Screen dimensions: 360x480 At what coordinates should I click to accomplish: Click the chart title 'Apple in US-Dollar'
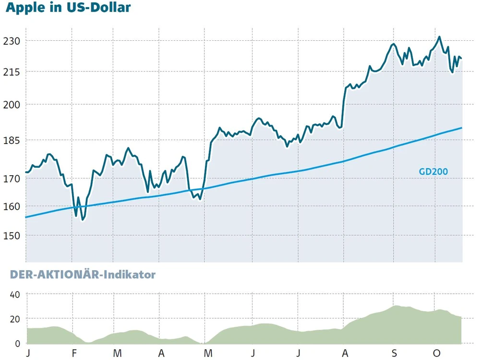click(x=68, y=8)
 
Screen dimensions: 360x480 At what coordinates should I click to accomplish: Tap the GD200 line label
click(x=433, y=171)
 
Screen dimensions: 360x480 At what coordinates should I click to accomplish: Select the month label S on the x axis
click(x=394, y=354)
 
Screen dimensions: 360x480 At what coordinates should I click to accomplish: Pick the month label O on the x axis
click(x=436, y=354)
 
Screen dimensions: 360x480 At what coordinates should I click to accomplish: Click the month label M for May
click(x=208, y=354)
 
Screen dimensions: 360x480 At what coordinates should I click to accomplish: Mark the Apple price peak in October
click(x=439, y=37)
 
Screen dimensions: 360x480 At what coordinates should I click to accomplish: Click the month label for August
click(x=345, y=354)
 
